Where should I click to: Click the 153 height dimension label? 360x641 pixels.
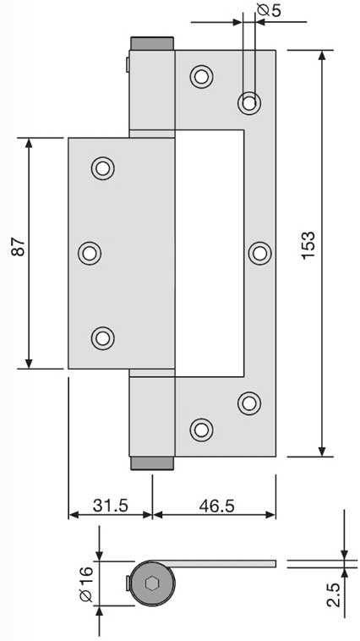coord(309,245)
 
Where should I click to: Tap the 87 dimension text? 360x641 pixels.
coord(19,247)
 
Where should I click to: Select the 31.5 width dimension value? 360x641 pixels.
coord(111,506)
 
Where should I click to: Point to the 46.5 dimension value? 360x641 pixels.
coord(216,506)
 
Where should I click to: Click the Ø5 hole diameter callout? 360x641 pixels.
coord(270,10)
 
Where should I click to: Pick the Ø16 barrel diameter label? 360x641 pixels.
coord(87,586)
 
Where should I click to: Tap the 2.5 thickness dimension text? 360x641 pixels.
coord(334,595)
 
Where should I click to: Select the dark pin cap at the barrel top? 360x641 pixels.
coord(152,43)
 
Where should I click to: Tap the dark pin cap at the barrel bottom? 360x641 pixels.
coord(152,463)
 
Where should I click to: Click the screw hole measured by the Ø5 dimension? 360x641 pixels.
coord(248,102)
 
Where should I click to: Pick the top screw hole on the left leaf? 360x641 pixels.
coord(102,168)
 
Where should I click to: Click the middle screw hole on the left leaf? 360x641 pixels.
coord(90,253)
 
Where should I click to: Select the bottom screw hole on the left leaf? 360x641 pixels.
coord(102,338)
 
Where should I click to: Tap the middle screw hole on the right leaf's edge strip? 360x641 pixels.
coord(260,253)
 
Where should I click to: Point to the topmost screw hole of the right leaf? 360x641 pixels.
coord(201,76)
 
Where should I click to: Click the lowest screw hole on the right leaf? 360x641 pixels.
coord(201,430)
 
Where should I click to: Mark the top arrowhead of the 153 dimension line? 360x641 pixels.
coord(322,55)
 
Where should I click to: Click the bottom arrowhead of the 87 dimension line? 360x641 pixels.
coord(29,363)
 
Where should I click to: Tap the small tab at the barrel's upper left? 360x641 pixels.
coord(128,64)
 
